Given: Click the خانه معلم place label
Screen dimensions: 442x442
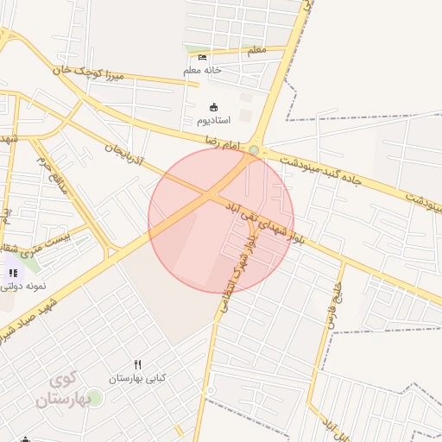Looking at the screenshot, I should (203, 69).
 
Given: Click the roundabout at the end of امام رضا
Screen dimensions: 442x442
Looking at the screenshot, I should (253, 151).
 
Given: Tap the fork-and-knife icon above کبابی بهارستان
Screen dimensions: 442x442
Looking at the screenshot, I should (137, 365).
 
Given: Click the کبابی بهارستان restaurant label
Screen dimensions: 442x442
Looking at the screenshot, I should (137, 378).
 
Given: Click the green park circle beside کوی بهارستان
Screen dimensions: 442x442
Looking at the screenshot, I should (94, 398).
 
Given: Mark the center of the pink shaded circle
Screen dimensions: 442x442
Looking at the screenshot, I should (221, 220).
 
